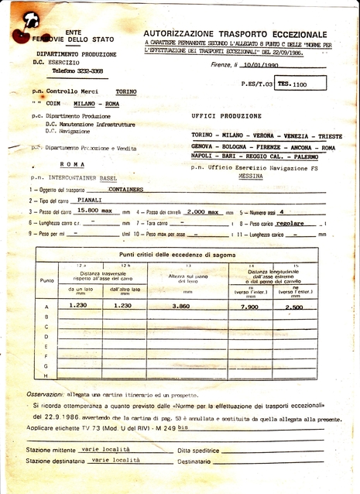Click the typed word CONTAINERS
tap(125, 189)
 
